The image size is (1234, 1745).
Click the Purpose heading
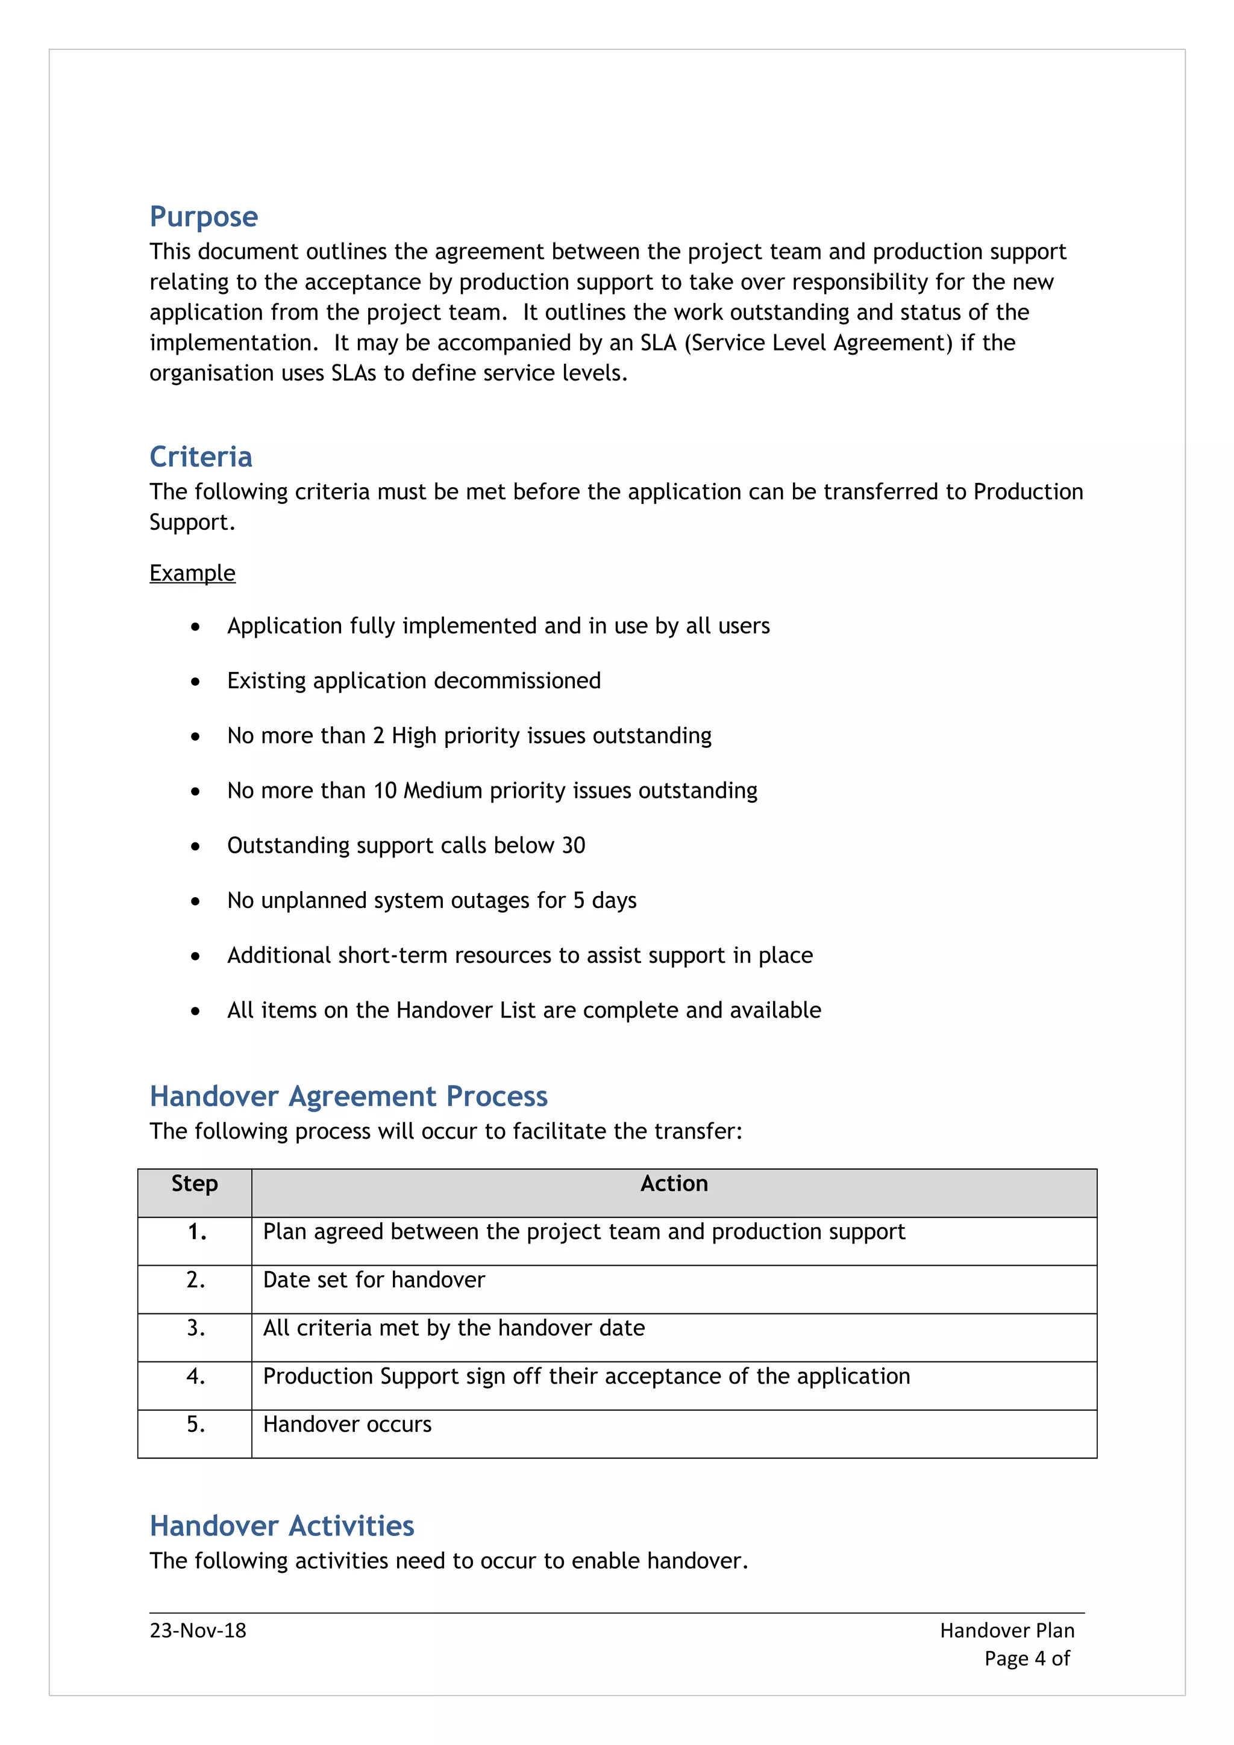pos(204,217)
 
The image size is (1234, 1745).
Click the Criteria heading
pos(201,457)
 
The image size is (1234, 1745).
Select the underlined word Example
pos(192,573)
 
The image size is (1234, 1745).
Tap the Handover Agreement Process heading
pos(348,1096)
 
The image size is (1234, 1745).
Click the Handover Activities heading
pos(281,1526)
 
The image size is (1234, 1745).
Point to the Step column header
pos(195,1184)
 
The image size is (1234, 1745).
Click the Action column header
pos(674,1184)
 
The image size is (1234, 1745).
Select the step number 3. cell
pos(195,1328)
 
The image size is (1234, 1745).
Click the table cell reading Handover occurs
pos(348,1424)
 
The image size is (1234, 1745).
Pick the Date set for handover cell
pos(374,1280)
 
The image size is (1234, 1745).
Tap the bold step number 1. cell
pos(197,1232)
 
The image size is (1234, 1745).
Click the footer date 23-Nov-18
pos(198,1630)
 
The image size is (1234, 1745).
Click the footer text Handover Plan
pos(1007,1630)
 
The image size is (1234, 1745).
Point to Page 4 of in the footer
pos(1027,1658)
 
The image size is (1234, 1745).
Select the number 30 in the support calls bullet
pos(573,845)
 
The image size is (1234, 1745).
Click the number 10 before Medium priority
pos(386,791)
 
